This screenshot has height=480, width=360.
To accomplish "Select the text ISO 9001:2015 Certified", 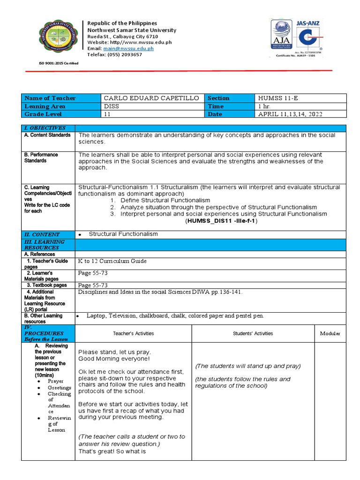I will coord(59,63).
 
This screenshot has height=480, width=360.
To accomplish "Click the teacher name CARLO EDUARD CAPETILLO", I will coord(151,98).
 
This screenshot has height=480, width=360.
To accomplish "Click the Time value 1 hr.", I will coord(265,106).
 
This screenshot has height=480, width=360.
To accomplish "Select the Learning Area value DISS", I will coord(111,106).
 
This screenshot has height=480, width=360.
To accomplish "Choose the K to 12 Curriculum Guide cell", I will coord(112,261).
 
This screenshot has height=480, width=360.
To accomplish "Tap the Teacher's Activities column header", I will coord(133,333).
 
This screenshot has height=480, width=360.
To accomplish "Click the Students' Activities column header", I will coord(253,333).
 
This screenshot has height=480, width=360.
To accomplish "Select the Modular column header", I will coord(330,333).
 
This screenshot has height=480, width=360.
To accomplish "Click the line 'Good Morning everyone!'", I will coord(114,359).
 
